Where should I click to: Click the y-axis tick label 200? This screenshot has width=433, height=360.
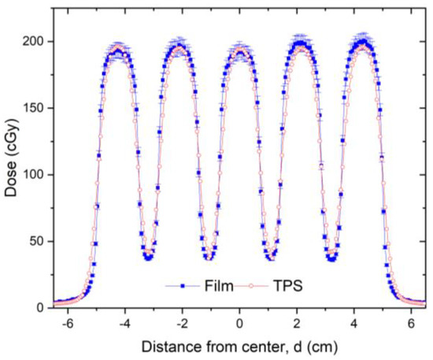pos(36,41)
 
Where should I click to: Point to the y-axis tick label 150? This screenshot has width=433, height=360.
pos(36,108)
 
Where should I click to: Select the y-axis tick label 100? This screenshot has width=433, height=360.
pos(36,175)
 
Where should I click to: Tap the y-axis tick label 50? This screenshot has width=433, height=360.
pos(39,241)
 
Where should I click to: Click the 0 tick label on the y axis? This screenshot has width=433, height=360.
pos(43,308)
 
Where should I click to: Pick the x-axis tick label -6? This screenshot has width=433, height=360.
pos(68,324)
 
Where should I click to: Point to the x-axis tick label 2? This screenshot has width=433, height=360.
pos(298,324)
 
